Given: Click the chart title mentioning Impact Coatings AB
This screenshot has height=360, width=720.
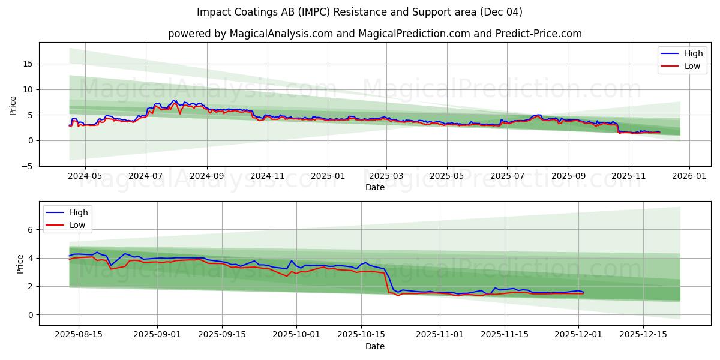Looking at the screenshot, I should (x=359, y=12).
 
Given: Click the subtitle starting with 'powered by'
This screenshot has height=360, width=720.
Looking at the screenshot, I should (x=374, y=34).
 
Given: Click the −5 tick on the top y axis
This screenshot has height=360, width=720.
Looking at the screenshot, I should (x=27, y=166).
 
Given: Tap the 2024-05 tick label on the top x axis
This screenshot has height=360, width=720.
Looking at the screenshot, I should (x=85, y=176).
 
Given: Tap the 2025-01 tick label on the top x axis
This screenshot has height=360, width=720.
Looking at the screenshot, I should (x=328, y=176).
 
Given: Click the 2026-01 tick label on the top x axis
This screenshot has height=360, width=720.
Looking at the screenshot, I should (x=689, y=176).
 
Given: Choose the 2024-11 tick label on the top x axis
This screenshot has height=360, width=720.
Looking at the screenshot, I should (x=267, y=176).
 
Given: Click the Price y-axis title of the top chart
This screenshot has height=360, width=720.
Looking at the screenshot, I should (x=13, y=106).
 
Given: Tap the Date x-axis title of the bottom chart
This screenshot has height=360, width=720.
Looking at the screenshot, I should (x=374, y=346).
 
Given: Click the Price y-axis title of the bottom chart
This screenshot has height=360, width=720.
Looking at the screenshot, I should (x=20, y=264).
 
